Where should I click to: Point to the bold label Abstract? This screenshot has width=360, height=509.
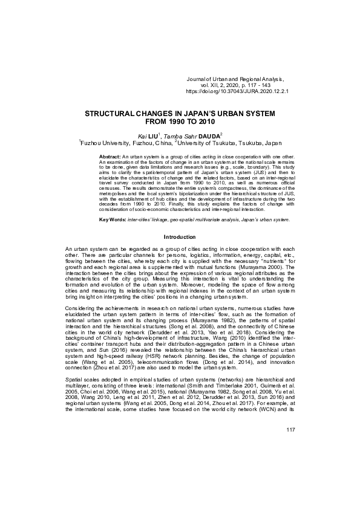click(111, 157)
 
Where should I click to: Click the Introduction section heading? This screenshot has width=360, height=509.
click(180, 237)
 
